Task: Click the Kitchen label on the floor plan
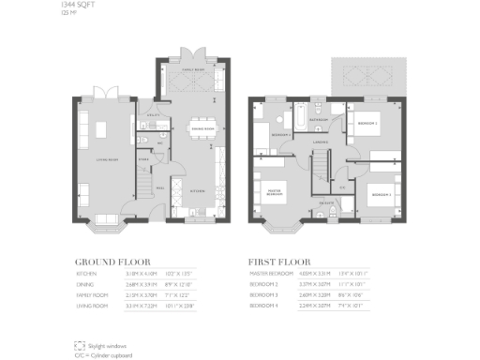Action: tap(198, 189)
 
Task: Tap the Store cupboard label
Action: tap(143, 159)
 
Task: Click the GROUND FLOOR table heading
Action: tap(113, 263)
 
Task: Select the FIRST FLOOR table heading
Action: tap(279, 263)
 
